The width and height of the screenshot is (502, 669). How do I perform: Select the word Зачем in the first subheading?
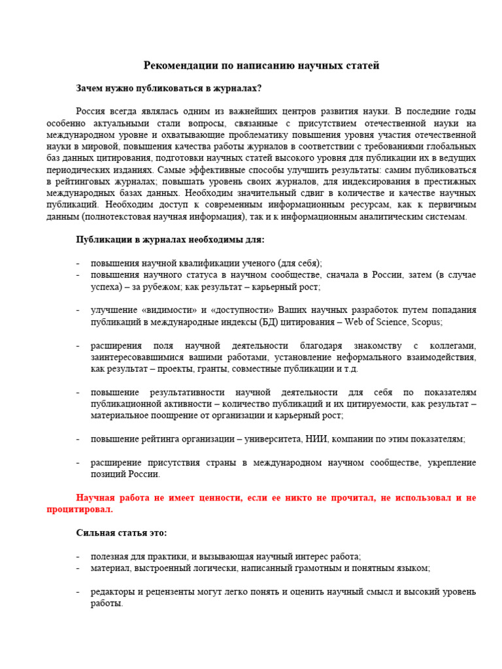click(90, 88)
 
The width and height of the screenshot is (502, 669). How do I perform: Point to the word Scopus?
click(426, 322)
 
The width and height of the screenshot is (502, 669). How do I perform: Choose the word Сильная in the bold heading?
click(95, 532)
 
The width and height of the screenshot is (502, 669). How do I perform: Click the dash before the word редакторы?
click(78, 592)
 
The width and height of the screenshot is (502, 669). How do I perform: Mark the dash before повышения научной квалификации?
click(78, 263)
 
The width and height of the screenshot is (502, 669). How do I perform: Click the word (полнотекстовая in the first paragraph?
click(116, 217)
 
